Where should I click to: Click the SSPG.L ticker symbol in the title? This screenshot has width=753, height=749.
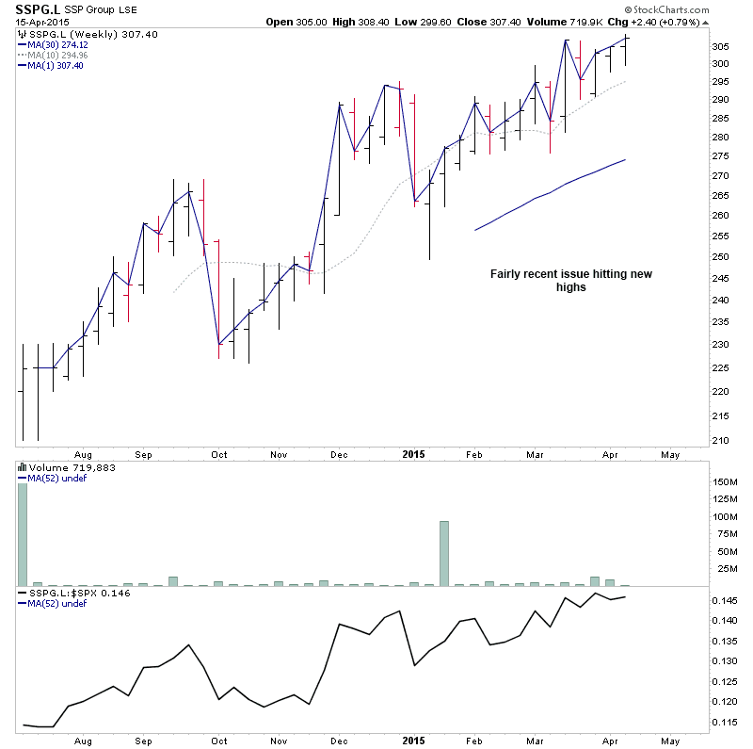[31, 9]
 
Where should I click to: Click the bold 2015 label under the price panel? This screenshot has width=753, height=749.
[413, 454]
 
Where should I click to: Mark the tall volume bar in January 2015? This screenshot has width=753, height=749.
[444, 553]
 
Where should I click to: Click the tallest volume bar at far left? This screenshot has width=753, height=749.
[23, 534]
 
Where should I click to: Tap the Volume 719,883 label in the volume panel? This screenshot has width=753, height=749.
[63, 467]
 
